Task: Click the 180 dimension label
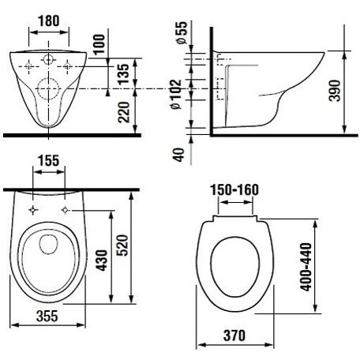[x=49, y=21]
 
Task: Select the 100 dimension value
[x=99, y=44]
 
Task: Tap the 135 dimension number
[x=123, y=74]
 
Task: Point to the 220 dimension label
[x=124, y=112]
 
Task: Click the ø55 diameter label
[x=182, y=32]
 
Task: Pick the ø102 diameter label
[x=175, y=94]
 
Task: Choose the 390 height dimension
[x=335, y=91]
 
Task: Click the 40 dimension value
[x=178, y=155]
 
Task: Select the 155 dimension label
[x=49, y=160]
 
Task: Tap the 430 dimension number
[x=101, y=261]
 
